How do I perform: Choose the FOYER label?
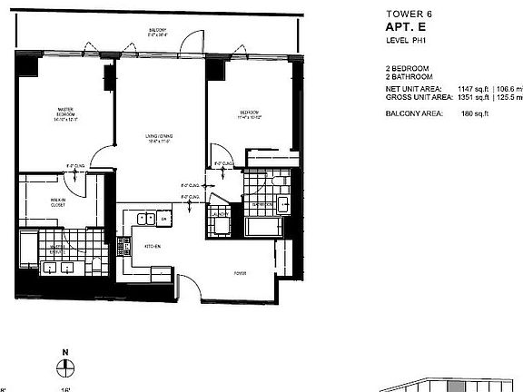(241, 271)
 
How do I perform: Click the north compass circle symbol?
(65, 367)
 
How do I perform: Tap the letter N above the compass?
(65, 350)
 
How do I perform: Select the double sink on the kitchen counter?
(143, 219)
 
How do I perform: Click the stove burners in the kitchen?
(163, 219)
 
